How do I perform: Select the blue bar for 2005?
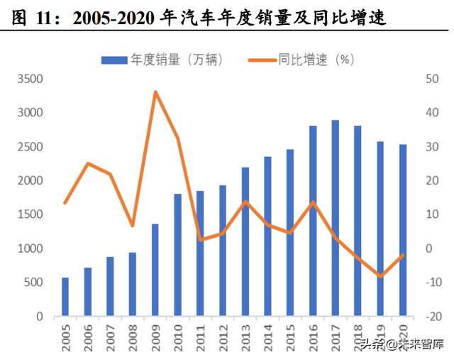65,297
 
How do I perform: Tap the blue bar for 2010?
177,255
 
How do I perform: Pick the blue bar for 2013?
245,241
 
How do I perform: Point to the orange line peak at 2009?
155,92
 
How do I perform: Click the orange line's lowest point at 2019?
380,276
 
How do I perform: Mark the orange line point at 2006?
87,163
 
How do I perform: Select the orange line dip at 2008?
133,226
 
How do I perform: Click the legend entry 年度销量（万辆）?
162,60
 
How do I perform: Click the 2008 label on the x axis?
133,337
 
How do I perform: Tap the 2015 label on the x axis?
290,337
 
